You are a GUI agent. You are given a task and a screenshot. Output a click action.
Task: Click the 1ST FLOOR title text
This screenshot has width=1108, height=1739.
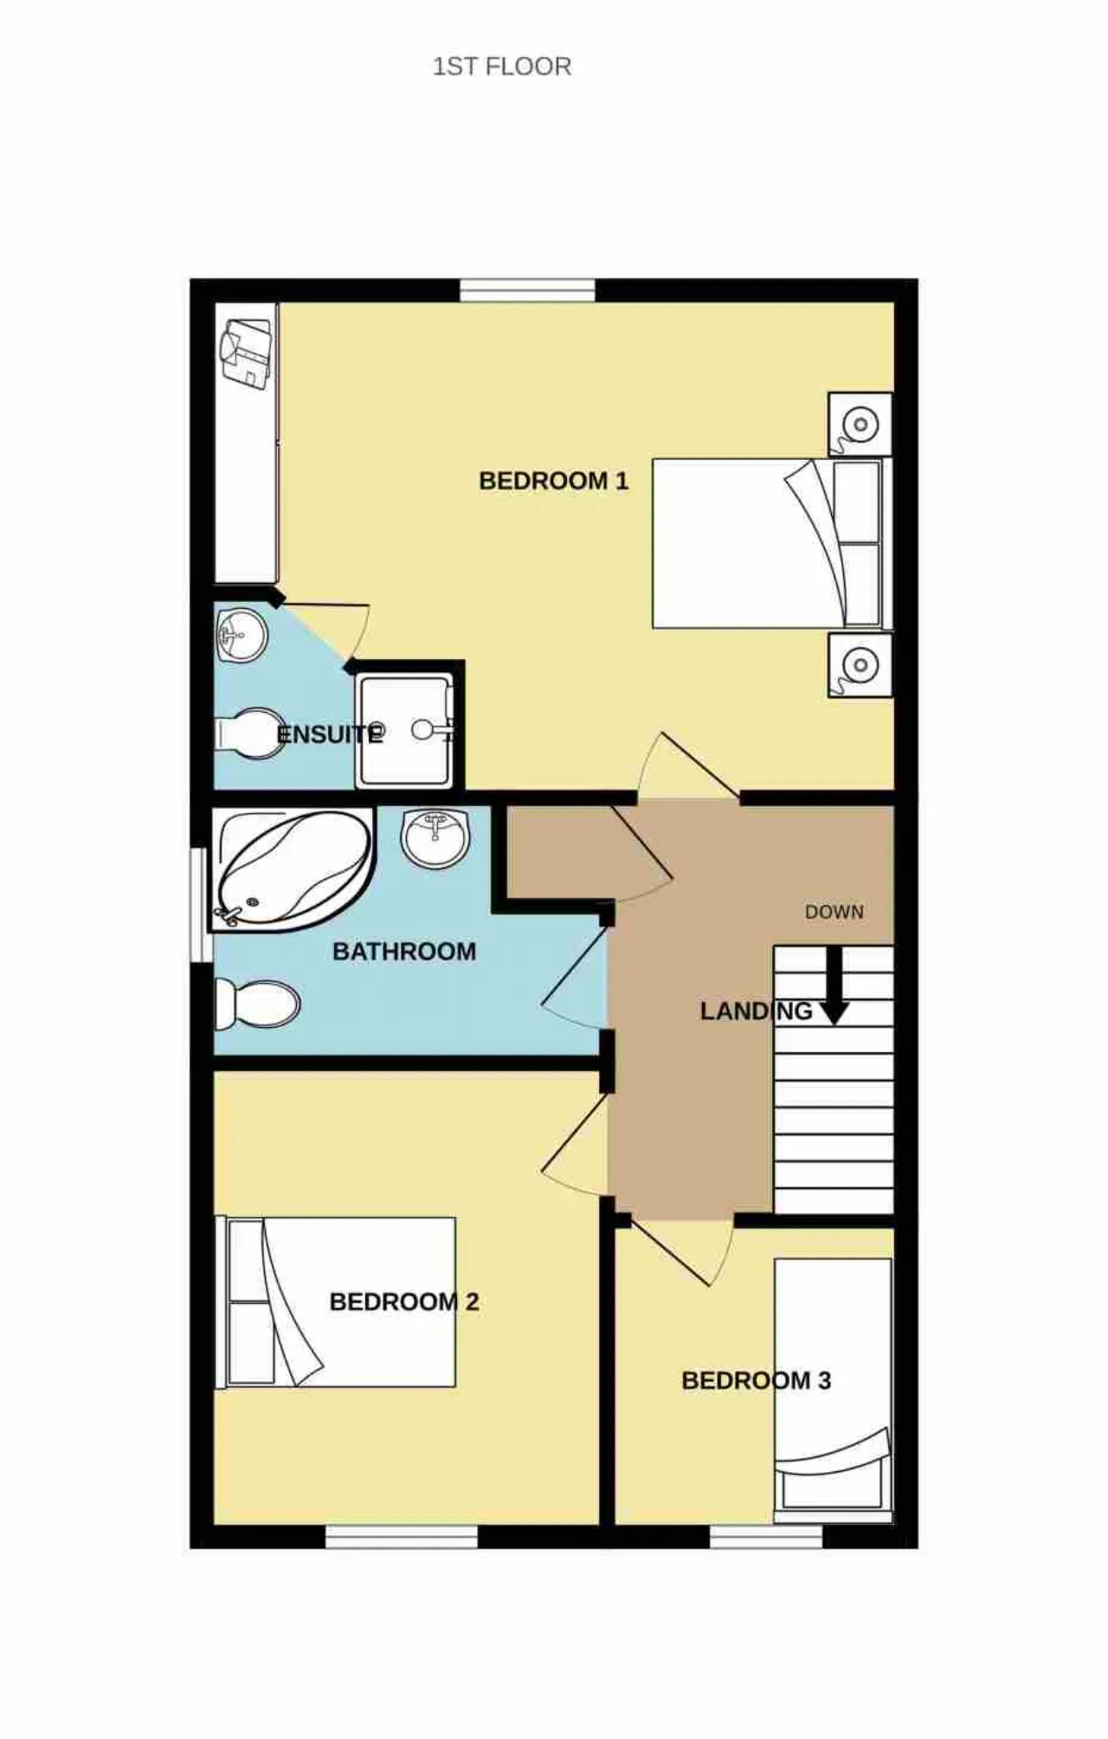tap(502, 67)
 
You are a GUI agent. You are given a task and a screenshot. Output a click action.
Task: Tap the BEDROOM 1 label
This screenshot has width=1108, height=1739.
tap(554, 481)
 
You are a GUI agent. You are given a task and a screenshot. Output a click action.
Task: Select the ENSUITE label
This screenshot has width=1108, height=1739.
tap(330, 734)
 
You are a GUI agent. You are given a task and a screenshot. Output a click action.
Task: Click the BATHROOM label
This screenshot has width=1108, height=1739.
tap(404, 952)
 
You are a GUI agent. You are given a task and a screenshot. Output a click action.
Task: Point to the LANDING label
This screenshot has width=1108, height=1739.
tap(756, 1011)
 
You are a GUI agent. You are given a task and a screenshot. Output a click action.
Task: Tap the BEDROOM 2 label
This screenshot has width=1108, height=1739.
tap(404, 1302)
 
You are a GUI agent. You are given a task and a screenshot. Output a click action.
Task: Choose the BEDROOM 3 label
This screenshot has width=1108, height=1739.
tap(757, 1380)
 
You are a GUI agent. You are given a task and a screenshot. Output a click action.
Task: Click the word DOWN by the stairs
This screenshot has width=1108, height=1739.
tap(834, 912)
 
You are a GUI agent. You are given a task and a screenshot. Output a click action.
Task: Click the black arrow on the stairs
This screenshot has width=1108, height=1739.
tap(834, 986)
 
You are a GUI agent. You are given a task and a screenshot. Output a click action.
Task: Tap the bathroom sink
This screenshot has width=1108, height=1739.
tap(436, 838)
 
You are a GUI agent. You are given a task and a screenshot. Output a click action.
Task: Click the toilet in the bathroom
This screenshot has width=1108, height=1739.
tap(257, 1005)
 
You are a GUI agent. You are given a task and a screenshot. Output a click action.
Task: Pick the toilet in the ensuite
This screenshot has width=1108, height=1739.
tap(251, 734)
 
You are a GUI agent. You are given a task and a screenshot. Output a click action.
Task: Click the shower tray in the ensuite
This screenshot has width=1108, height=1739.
tap(405, 732)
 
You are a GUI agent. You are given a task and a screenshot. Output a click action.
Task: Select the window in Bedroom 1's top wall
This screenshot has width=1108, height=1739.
tap(527, 290)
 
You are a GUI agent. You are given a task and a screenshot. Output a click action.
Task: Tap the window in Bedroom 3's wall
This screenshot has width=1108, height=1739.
tap(766, 1536)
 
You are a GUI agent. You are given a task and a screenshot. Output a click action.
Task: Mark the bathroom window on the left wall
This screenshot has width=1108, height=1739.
tap(201, 904)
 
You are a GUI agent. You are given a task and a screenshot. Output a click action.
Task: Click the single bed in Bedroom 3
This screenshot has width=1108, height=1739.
tap(833, 1390)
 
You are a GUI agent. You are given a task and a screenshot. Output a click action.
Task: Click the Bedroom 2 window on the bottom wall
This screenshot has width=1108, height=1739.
tap(402, 1536)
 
